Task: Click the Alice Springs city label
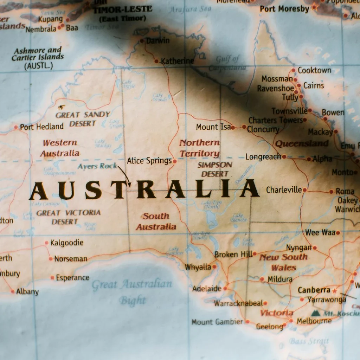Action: [x=149, y=161]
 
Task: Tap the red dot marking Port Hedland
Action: [x=16, y=127]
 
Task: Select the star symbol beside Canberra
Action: [x=334, y=291]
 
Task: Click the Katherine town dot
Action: [x=156, y=61]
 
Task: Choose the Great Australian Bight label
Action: [x=132, y=291]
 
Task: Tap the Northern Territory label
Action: [x=199, y=148]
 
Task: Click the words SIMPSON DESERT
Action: [x=215, y=169]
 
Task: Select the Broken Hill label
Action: [x=233, y=254]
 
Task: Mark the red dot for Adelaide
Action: [x=225, y=289]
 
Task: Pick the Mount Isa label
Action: [x=213, y=127]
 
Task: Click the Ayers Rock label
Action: [x=97, y=166]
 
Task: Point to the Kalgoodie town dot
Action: [x=46, y=243]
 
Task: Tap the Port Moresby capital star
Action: [x=314, y=7]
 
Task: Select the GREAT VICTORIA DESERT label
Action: [x=68, y=217]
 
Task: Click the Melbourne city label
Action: [x=314, y=321]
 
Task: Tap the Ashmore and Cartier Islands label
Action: [x=38, y=58]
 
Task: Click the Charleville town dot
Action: [x=304, y=190]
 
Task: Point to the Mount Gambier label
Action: [x=217, y=322]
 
